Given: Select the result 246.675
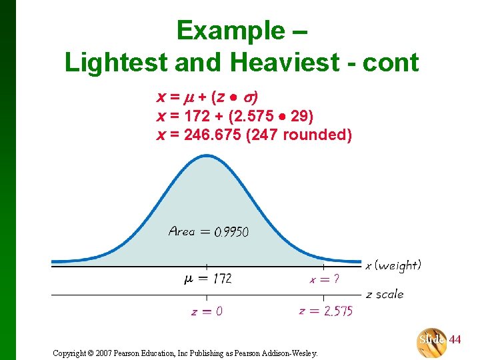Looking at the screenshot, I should [x=213, y=135].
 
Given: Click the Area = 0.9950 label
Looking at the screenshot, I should [x=209, y=232].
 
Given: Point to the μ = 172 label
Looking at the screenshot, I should [x=207, y=279].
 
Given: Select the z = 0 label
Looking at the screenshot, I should [x=207, y=311].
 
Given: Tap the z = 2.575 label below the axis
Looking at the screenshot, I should [x=326, y=311].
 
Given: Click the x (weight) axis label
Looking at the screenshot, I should [x=393, y=265].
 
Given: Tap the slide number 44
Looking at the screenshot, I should [x=455, y=340].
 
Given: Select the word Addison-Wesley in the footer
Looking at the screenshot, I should [x=293, y=353].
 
